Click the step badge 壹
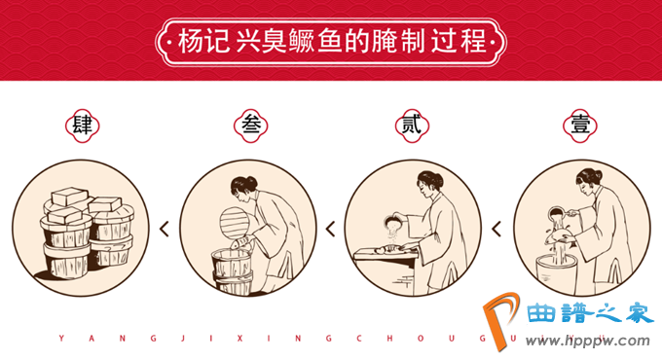click(580, 126)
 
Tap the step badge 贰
click(412, 126)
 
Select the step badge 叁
click(251, 126)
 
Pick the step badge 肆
click(83, 126)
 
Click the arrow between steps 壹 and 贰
click(496, 229)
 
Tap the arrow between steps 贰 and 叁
click(330, 229)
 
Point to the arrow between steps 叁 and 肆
click(165, 229)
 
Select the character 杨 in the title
click(191, 42)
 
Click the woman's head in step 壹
click(588, 182)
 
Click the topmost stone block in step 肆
click(69, 197)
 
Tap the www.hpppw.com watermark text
click(587, 341)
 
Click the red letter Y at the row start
click(61, 338)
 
